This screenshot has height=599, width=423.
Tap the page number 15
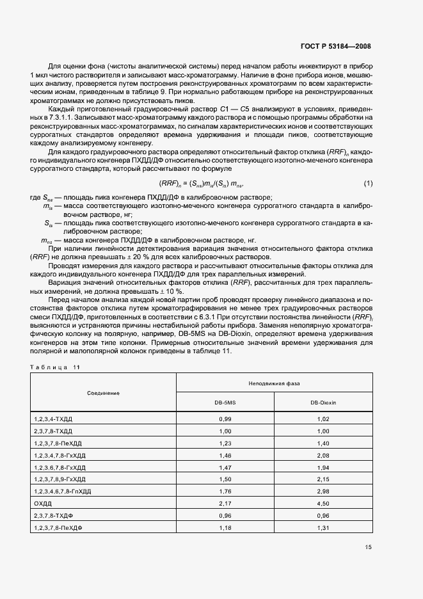(x=368, y=547)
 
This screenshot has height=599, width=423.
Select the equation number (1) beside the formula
(x=368, y=184)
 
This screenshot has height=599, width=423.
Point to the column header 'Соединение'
(x=104, y=392)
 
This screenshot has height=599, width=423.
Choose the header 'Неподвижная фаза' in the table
(x=274, y=383)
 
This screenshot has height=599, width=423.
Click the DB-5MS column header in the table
(x=225, y=403)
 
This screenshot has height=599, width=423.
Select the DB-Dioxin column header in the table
(x=323, y=403)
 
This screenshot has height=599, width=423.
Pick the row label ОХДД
(x=42, y=504)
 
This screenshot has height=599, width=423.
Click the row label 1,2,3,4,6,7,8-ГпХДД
(x=63, y=491)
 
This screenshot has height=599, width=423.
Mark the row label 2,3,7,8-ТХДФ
(x=53, y=516)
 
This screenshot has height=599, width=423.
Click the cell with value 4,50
(x=323, y=504)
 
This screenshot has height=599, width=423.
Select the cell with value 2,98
(x=323, y=491)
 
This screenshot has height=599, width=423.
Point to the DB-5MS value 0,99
(x=225, y=419)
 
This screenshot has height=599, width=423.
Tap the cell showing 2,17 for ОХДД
(x=225, y=504)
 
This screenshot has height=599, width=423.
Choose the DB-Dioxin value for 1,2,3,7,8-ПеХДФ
(x=323, y=528)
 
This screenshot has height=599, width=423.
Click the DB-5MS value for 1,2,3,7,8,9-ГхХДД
(x=225, y=479)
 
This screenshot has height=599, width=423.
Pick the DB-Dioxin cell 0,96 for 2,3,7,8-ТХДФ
(x=323, y=516)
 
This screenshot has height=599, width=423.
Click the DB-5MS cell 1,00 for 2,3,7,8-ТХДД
(x=225, y=431)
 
